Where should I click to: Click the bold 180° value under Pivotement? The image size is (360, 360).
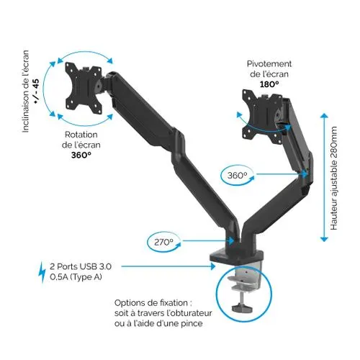click(x=269, y=84)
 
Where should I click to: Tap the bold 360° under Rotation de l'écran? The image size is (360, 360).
click(x=81, y=156)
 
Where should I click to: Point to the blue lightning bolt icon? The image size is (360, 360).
click(x=42, y=272)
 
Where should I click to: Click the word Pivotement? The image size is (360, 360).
click(x=269, y=64)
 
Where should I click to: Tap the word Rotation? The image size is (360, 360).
click(x=81, y=135)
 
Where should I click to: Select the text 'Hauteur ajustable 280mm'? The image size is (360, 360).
click(x=334, y=179)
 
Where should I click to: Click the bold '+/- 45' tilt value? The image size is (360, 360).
click(x=36, y=91)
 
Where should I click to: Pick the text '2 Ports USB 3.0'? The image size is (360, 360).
click(x=81, y=266)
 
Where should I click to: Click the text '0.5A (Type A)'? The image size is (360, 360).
click(x=76, y=277)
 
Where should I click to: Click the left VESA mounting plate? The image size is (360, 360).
click(x=84, y=88)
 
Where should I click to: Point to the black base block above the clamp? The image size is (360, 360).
click(x=237, y=256)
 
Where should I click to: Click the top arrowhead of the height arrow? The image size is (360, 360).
click(x=324, y=115)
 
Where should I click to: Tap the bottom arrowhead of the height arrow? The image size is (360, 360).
click(x=324, y=239)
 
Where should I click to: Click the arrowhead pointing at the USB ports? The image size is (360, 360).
click(x=212, y=266)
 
